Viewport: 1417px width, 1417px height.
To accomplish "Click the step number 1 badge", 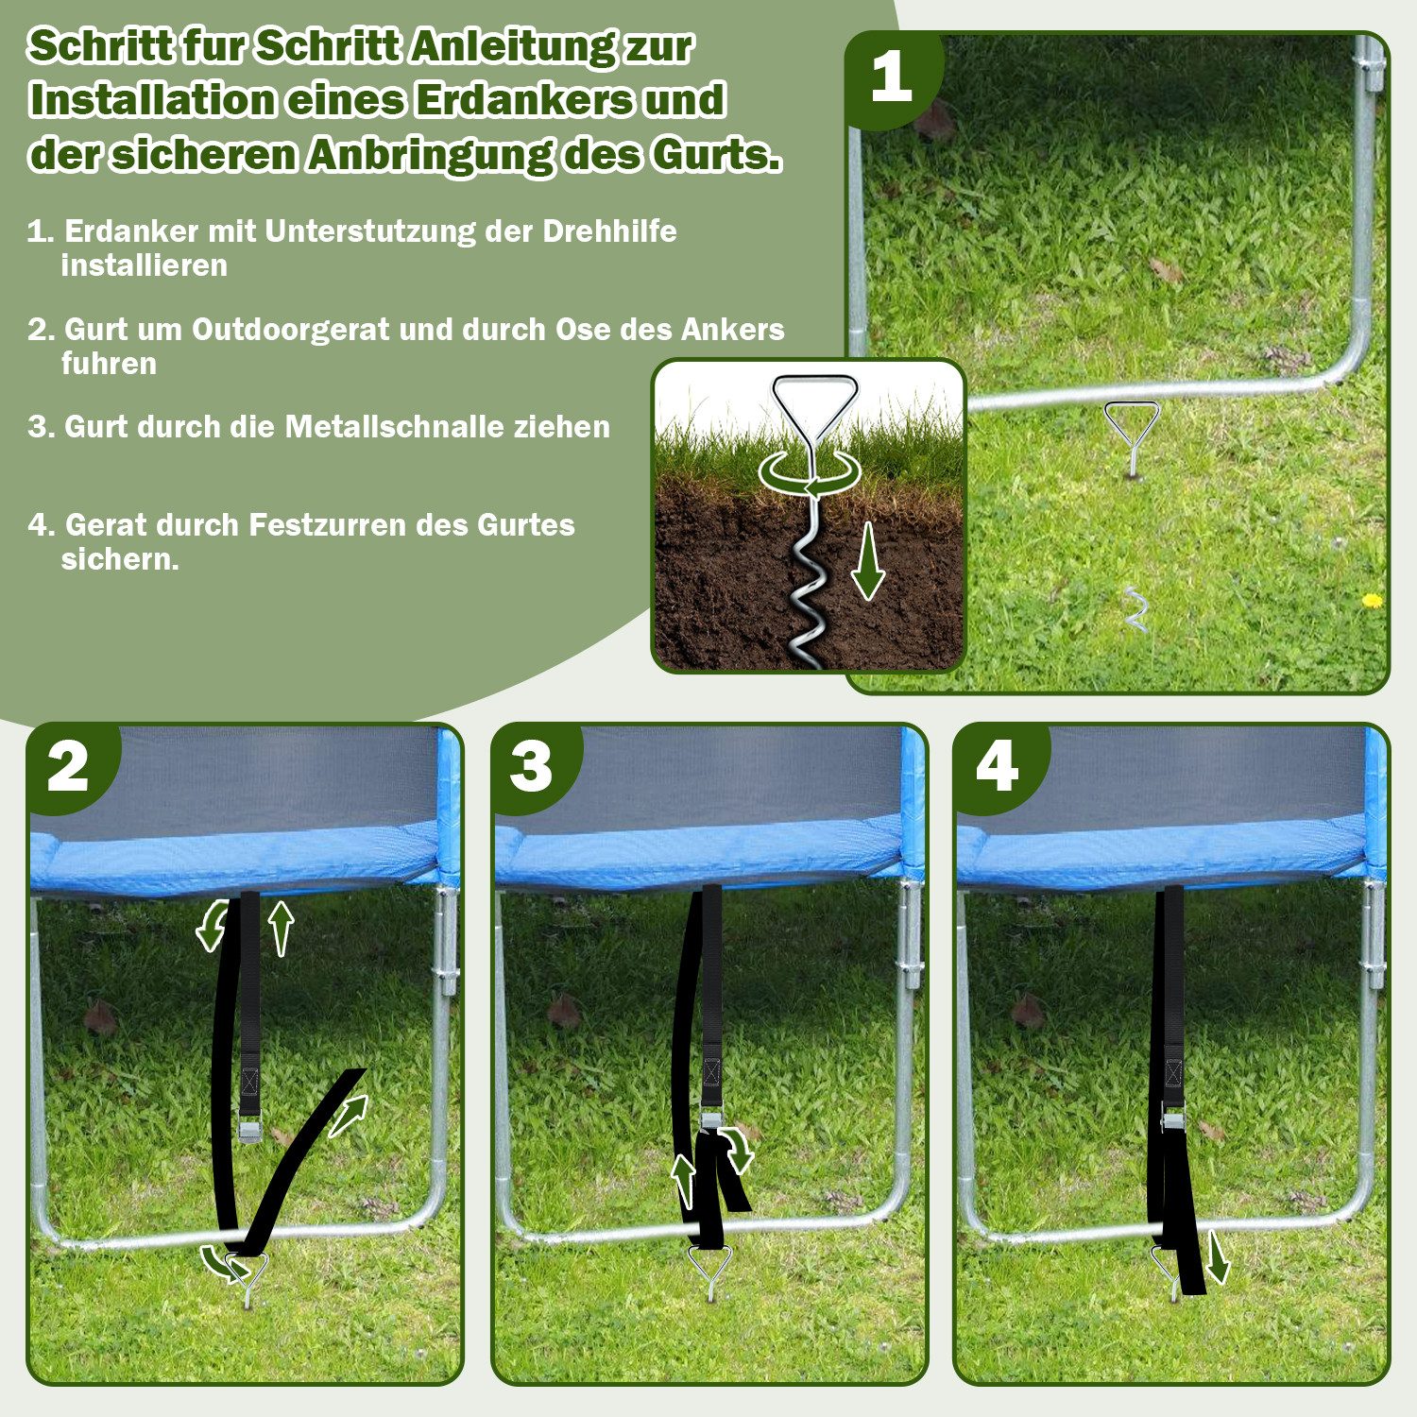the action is (892, 77).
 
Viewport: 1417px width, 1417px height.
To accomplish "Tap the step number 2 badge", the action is (68, 768).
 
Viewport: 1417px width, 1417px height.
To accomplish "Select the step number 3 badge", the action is (531, 768).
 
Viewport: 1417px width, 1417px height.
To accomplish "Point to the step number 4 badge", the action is (997, 768).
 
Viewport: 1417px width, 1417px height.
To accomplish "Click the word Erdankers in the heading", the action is (524, 100).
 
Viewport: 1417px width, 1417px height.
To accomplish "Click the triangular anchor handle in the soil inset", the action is (814, 401).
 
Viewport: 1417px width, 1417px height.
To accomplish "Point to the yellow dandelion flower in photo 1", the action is (1372, 600).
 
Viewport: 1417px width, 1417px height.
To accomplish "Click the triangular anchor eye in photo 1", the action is (1132, 418).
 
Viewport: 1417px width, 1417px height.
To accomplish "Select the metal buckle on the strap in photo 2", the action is (251, 1129).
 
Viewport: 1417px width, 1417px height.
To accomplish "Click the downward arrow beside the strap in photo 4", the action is (1218, 1257).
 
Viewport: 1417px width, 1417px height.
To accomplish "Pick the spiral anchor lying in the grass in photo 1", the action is (1135, 609).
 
